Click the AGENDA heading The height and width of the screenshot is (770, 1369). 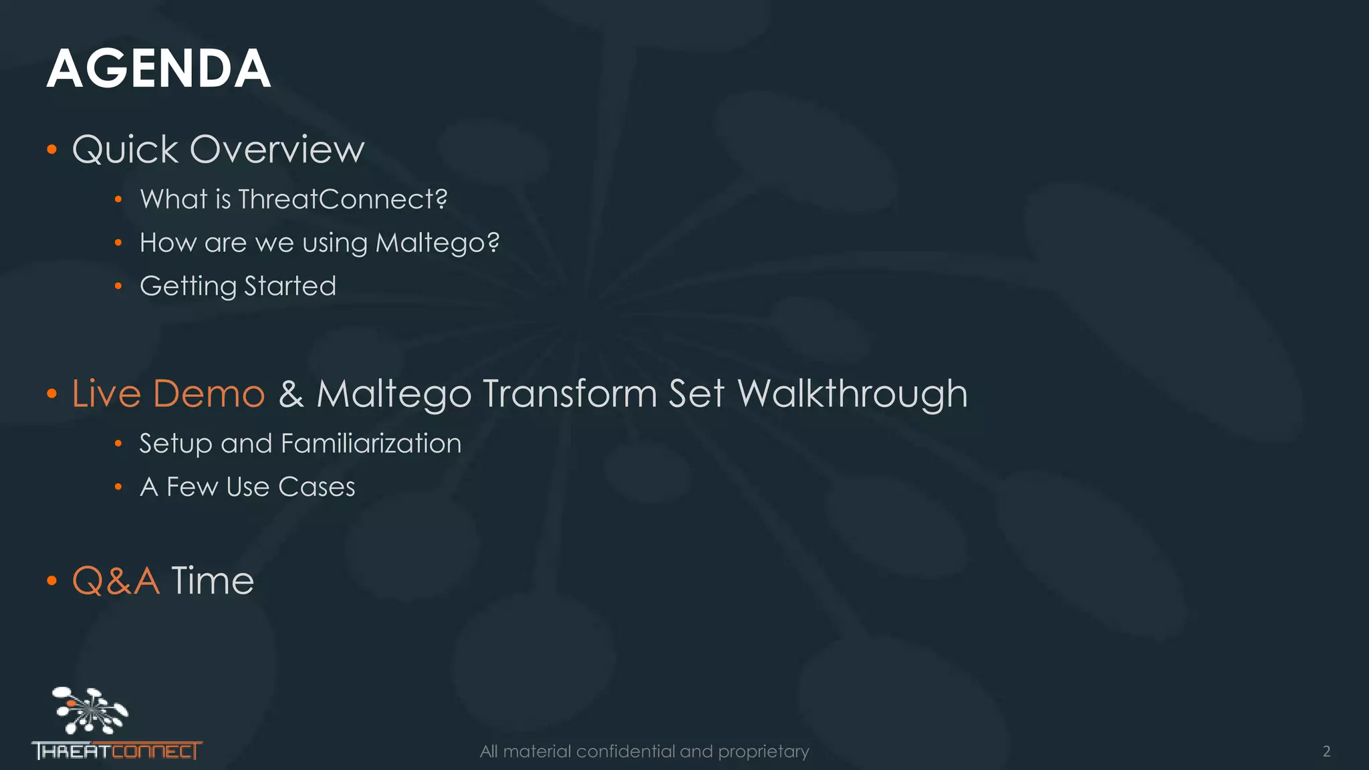coord(158,69)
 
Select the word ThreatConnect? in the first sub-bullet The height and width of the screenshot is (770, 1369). coord(342,199)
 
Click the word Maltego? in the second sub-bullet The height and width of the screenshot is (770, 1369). coord(437,243)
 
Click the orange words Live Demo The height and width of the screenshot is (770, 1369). coord(168,393)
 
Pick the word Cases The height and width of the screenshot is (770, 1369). coord(316,487)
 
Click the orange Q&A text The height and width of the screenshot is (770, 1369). coord(116,580)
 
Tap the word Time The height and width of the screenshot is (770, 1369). coord(213,580)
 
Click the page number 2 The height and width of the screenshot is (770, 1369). coord(1326,751)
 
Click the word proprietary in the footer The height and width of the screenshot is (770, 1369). coord(763,751)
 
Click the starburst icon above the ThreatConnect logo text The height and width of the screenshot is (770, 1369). coord(90,710)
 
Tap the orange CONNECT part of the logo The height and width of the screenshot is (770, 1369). coord(156,751)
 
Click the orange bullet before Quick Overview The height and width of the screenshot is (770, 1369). coord(52,149)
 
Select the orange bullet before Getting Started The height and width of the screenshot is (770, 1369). coord(118,286)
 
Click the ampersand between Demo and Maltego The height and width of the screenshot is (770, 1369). coord(291,393)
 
